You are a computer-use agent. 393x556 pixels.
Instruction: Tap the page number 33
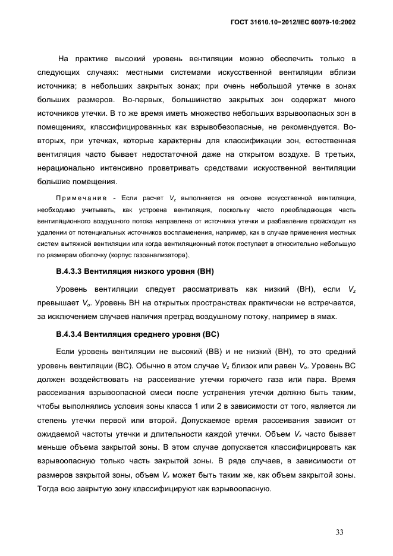point(339,532)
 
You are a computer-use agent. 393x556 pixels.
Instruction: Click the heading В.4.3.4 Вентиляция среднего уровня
point(137,334)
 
